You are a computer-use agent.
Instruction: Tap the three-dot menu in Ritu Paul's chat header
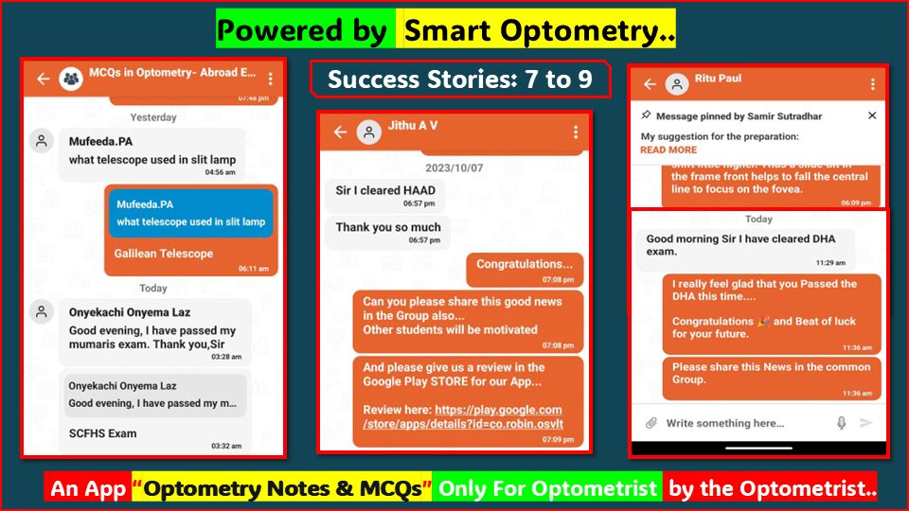click(872, 83)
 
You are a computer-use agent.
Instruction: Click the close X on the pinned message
click(872, 115)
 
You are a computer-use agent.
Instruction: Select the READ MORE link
click(668, 150)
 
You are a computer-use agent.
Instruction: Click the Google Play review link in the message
click(462, 417)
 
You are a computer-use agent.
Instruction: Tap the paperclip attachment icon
click(651, 423)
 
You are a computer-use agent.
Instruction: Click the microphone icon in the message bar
click(841, 423)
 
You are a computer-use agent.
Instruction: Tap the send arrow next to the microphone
click(865, 423)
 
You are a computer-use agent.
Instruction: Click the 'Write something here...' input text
click(724, 423)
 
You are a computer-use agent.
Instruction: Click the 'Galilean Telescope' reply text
click(164, 254)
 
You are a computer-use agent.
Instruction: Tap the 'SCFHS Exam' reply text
click(103, 433)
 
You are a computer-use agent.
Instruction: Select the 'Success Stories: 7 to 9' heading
click(460, 79)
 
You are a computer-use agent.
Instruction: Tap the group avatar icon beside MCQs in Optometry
click(71, 79)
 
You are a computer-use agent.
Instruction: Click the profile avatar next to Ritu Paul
click(676, 83)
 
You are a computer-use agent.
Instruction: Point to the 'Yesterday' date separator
click(153, 117)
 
